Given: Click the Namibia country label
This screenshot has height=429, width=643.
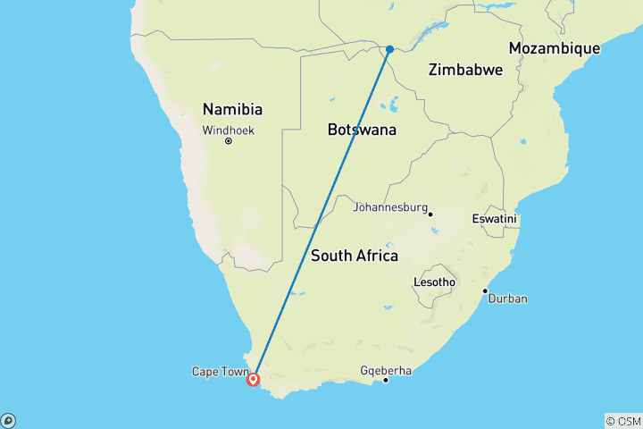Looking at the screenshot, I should click(232, 110).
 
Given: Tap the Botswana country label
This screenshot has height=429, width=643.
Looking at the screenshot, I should click(362, 130).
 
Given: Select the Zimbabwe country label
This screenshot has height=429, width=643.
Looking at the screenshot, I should click(465, 70).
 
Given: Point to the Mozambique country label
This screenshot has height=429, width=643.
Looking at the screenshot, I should click(554, 48).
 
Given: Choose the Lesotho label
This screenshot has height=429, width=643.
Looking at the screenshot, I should click(434, 282).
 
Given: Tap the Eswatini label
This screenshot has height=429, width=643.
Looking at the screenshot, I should click(495, 219).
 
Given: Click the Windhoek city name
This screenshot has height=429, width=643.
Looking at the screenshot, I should click(228, 130).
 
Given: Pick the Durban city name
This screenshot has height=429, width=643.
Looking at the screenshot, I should click(507, 299).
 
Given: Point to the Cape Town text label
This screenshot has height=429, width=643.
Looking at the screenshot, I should click(215, 372).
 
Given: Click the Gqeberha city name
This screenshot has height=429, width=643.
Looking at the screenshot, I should click(387, 369).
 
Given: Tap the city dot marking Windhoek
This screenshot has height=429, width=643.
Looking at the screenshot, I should click(229, 141).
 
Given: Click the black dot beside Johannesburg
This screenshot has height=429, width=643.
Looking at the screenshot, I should click(430, 214).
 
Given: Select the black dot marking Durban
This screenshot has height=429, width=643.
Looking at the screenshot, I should click(485, 290).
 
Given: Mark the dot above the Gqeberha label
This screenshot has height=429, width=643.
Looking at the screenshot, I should click(386, 381).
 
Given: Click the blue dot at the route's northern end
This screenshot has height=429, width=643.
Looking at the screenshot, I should click(389, 49).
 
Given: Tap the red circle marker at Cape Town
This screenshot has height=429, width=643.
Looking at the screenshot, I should click(254, 379).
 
